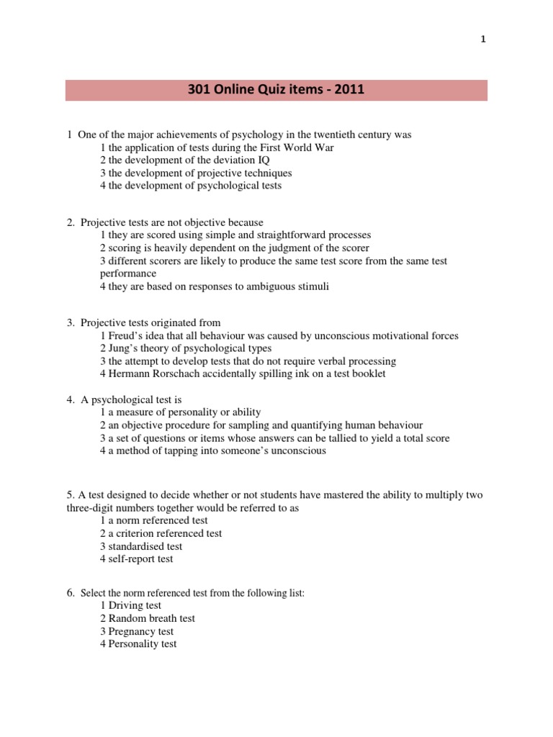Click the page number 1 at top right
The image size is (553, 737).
coord(484,40)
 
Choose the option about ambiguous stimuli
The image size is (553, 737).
coord(214,287)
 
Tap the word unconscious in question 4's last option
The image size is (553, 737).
coord(297,451)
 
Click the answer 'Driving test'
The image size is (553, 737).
coord(130,605)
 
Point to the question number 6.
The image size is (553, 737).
coord(71,592)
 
